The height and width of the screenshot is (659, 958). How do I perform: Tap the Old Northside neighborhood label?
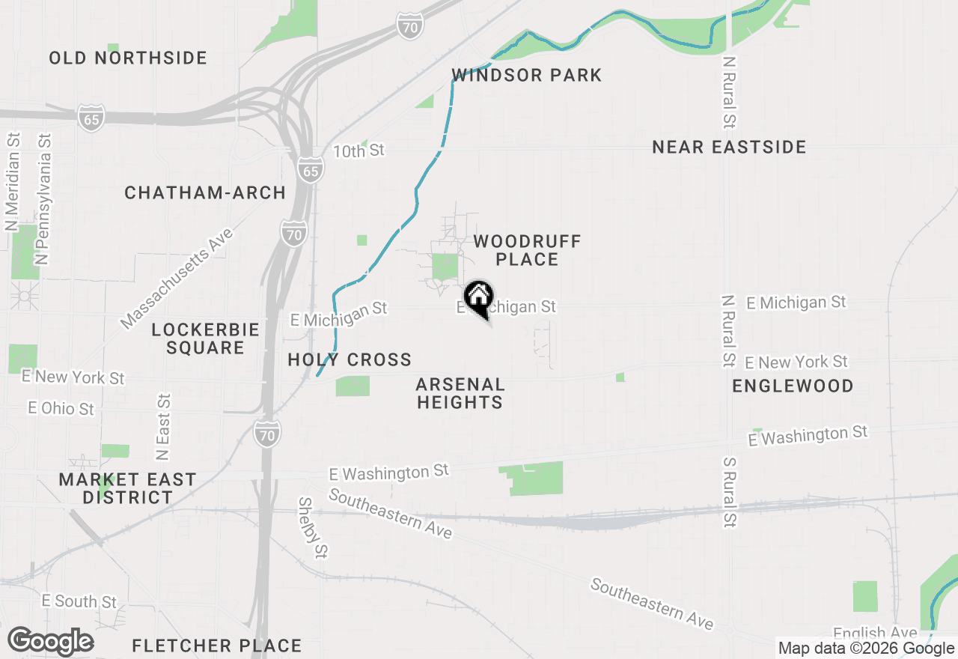click(128, 58)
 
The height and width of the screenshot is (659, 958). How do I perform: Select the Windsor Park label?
click(527, 75)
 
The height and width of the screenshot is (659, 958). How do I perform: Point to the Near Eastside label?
click(729, 147)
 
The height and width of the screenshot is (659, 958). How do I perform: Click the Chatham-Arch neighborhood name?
click(205, 193)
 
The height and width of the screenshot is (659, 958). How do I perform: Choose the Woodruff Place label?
click(527, 250)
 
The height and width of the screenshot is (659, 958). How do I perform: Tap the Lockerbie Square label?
click(205, 338)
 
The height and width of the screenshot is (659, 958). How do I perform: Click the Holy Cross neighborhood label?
click(350, 359)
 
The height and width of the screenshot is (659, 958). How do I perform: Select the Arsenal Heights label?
click(460, 393)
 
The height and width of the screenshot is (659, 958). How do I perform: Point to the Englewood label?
click(793, 386)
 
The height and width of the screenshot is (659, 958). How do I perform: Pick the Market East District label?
click(128, 488)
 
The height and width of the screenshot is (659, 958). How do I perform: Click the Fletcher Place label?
click(217, 646)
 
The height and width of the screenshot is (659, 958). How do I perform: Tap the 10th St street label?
click(359, 151)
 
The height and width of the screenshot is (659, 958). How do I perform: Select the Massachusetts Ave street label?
click(177, 279)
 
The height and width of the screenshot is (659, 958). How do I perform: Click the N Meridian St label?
click(12, 182)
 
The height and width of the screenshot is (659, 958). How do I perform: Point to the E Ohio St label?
click(61, 409)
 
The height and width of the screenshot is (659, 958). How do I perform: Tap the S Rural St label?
click(730, 488)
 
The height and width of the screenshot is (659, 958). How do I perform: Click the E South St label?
click(79, 601)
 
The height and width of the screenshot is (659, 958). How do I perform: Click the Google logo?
click(50, 642)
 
